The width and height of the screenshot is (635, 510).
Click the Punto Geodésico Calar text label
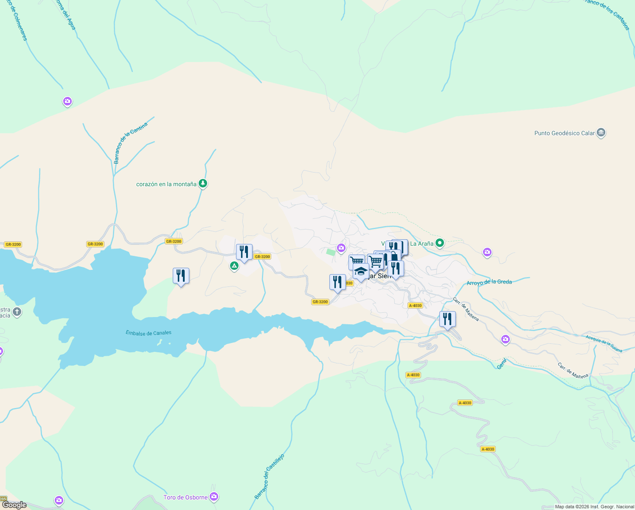[564, 133]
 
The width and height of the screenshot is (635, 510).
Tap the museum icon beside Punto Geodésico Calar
[601, 133]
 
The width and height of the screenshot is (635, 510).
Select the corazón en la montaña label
[166, 184]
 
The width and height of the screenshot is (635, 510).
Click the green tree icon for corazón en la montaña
[203, 184]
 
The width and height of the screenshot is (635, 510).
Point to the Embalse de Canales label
[149, 333]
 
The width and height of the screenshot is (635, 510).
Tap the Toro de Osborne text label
[185, 497]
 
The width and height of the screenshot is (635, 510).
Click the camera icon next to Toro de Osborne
[214, 496]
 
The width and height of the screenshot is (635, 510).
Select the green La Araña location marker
[440, 243]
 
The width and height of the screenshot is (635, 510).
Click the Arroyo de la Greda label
[489, 282]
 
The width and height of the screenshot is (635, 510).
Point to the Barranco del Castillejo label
[269, 476]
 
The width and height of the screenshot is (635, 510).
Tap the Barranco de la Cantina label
[130, 143]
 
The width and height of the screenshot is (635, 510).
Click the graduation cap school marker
[361, 271]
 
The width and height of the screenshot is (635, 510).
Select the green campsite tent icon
[234, 266]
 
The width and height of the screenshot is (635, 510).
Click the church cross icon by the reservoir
[17, 312]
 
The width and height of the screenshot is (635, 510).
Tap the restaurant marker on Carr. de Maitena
[447, 319]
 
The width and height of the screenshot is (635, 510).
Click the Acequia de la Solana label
[604, 344]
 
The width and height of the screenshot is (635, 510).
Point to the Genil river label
[502, 364]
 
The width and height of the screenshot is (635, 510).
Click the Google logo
[14, 505]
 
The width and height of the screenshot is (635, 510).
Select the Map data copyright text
[594, 507]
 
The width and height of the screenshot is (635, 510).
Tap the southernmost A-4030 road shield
[488, 449]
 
